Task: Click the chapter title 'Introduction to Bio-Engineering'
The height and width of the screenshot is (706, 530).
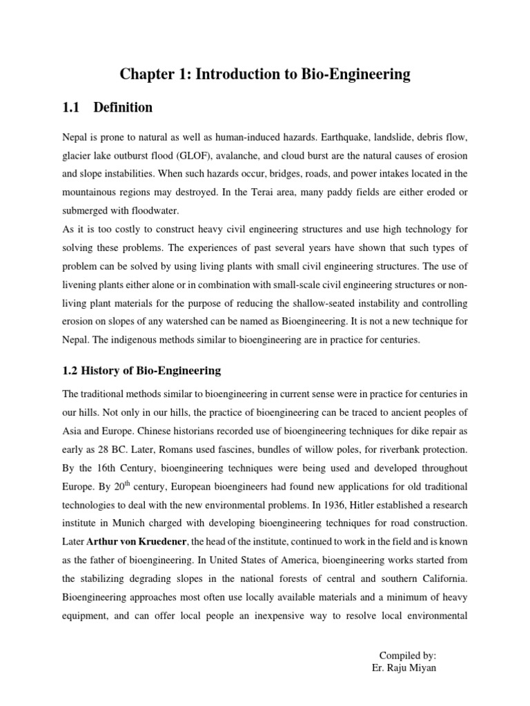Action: [265, 74]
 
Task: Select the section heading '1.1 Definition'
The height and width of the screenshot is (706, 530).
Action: [108, 108]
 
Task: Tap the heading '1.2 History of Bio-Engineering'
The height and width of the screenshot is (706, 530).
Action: [142, 370]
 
